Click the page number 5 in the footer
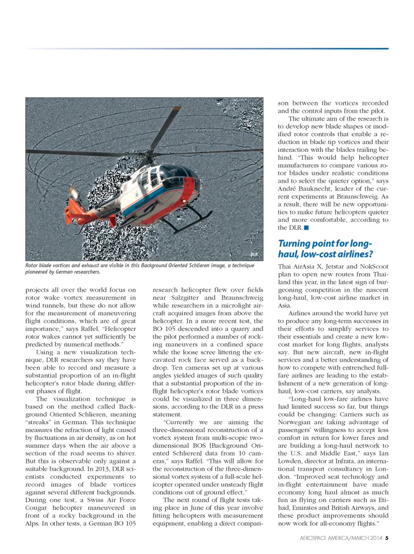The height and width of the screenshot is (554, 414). pyautogui.click(x=387, y=538)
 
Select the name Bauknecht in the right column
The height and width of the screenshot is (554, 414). pyautogui.click(x=318, y=189)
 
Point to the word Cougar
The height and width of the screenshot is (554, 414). pyautogui.click(x=37, y=508)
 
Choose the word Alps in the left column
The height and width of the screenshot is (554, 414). pyautogui.click(x=32, y=523)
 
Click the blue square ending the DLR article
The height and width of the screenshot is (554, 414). pyautogui.click(x=306, y=228)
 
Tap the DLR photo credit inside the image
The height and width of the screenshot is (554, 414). pyautogui.click(x=254, y=255)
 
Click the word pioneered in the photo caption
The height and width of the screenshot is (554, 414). pyautogui.click(x=39, y=272)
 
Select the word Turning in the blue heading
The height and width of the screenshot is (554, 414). pyautogui.click(x=295, y=244)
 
